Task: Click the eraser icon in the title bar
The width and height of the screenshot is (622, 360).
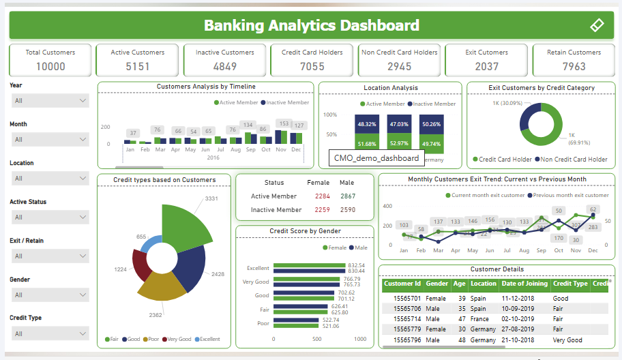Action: tap(597, 26)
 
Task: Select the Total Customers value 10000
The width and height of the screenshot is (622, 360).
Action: tap(50, 66)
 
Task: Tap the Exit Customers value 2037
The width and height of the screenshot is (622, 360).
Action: tap(487, 66)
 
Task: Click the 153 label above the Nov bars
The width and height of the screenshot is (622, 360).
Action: tap(282, 124)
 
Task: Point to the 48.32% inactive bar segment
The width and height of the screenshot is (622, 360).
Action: tap(367, 124)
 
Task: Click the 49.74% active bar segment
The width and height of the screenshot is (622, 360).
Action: tap(432, 144)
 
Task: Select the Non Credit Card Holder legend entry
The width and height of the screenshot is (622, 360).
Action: tap(573, 160)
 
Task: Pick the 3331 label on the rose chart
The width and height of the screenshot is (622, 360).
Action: tap(211, 198)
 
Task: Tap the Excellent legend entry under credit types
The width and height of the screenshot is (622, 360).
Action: tap(208, 339)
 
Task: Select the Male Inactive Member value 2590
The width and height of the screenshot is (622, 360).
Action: tap(347, 210)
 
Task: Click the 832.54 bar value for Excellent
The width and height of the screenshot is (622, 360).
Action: tap(357, 265)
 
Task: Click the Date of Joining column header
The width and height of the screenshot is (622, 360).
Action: tap(524, 284)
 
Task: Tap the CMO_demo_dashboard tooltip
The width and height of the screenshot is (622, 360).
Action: tap(376, 158)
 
